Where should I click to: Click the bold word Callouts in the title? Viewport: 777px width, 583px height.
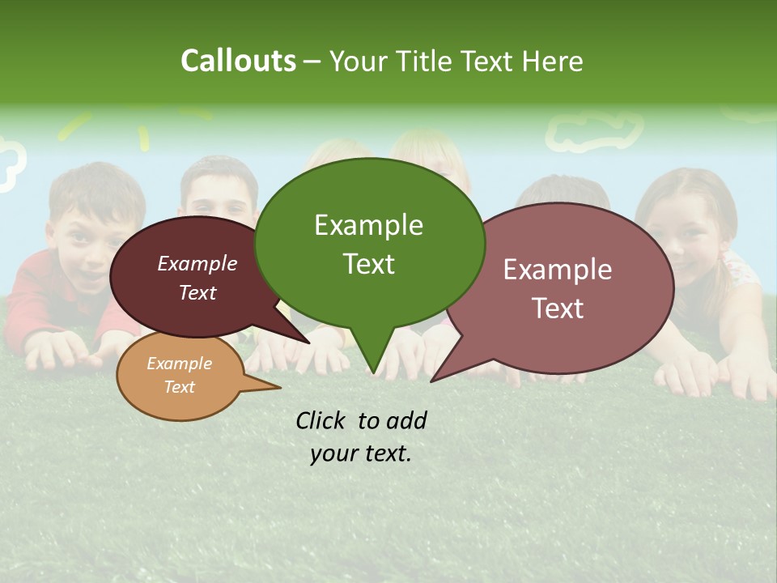tap(238, 61)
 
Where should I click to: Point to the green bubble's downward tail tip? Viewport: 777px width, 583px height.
tap(372, 374)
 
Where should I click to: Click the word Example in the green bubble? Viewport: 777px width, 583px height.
tap(368, 225)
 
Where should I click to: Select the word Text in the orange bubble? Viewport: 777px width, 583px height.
tap(179, 387)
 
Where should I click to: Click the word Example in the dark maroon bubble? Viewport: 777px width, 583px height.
tap(197, 263)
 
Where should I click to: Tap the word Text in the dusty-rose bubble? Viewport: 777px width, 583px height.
tap(558, 309)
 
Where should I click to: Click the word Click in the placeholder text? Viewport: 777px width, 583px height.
tap(321, 420)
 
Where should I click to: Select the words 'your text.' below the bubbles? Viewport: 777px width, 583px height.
tap(361, 453)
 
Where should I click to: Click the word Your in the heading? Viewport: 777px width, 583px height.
tap(360, 61)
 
